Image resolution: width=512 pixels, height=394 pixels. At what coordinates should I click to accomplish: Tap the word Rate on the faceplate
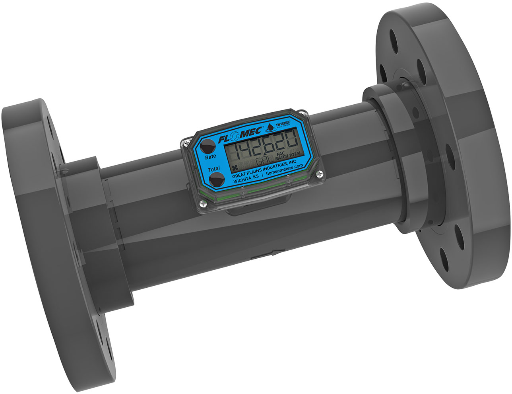211,156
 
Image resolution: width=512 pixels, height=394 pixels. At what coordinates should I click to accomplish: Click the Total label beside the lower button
214,170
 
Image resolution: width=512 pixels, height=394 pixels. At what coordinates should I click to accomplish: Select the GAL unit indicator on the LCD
264,161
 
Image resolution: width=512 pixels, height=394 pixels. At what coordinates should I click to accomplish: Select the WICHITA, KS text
247,180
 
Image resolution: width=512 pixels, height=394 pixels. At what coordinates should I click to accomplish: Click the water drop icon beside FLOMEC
270,127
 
